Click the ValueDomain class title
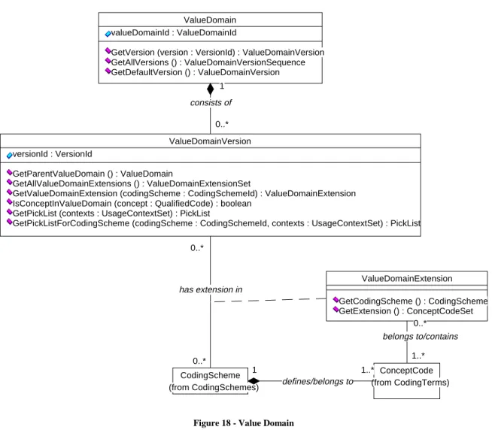coord(210,20)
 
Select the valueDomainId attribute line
coord(171,32)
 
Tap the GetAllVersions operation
coord(205,62)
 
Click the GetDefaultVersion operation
coord(192,72)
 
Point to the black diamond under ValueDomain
coord(210,89)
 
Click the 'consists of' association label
coord(211,102)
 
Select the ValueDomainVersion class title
coord(210,141)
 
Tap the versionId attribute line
coord(49,154)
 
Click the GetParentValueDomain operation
coord(90,174)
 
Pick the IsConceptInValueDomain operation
coord(129,204)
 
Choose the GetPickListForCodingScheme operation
coord(214,223)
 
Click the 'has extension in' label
coord(211,289)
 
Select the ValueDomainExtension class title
coord(407,278)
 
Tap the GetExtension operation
coord(403,311)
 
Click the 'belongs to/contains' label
coord(421,336)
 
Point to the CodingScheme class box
coord(210,381)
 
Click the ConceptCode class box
coord(407,381)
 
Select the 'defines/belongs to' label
coord(318,382)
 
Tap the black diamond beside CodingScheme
coord(254,381)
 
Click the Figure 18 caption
coord(244,423)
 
